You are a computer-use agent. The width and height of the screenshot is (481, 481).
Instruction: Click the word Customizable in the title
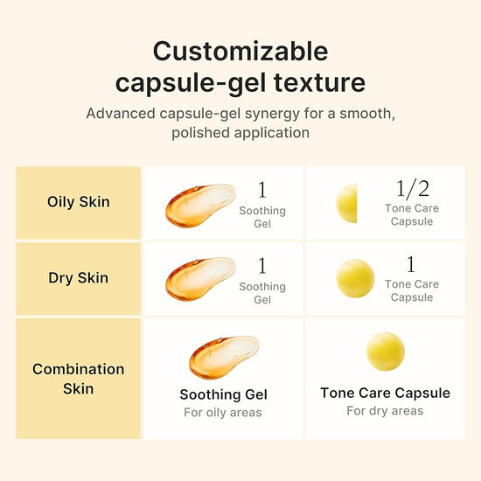(240, 52)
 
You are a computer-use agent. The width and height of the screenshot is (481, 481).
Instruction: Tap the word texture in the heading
(324, 83)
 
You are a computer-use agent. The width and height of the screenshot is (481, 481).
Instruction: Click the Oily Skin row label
(78, 202)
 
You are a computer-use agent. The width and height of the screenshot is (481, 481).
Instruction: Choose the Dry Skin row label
(78, 278)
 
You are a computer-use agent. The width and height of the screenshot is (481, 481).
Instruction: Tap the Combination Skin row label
(78, 378)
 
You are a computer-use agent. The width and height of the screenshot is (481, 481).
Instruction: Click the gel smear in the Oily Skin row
(199, 203)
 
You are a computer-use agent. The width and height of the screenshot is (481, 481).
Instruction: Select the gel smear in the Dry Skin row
(199, 276)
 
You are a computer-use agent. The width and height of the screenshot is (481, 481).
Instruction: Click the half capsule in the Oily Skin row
(347, 203)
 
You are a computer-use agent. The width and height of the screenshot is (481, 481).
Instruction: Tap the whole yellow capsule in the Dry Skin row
(355, 277)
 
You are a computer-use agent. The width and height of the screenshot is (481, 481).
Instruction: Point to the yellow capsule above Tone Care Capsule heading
(385, 352)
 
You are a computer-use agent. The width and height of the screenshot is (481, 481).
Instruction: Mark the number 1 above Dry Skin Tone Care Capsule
(411, 265)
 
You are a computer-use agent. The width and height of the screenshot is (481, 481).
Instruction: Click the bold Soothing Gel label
(223, 394)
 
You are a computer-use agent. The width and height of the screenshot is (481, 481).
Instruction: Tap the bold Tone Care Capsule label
(385, 393)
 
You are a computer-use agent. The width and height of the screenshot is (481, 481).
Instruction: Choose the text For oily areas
(223, 412)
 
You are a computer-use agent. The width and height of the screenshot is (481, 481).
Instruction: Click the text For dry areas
(385, 410)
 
